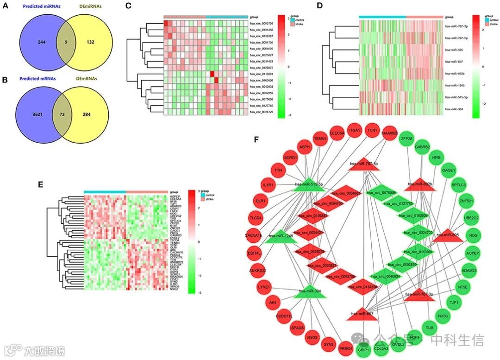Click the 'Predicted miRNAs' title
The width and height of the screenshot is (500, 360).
point(39,6)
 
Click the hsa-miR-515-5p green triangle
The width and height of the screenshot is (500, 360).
point(306,184)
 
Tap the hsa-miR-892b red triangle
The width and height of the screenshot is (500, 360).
point(420,183)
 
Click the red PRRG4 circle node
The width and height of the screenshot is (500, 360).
point(345,348)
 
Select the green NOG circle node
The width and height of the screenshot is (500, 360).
point(473,235)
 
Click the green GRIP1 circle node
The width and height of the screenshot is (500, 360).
point(363,349)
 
